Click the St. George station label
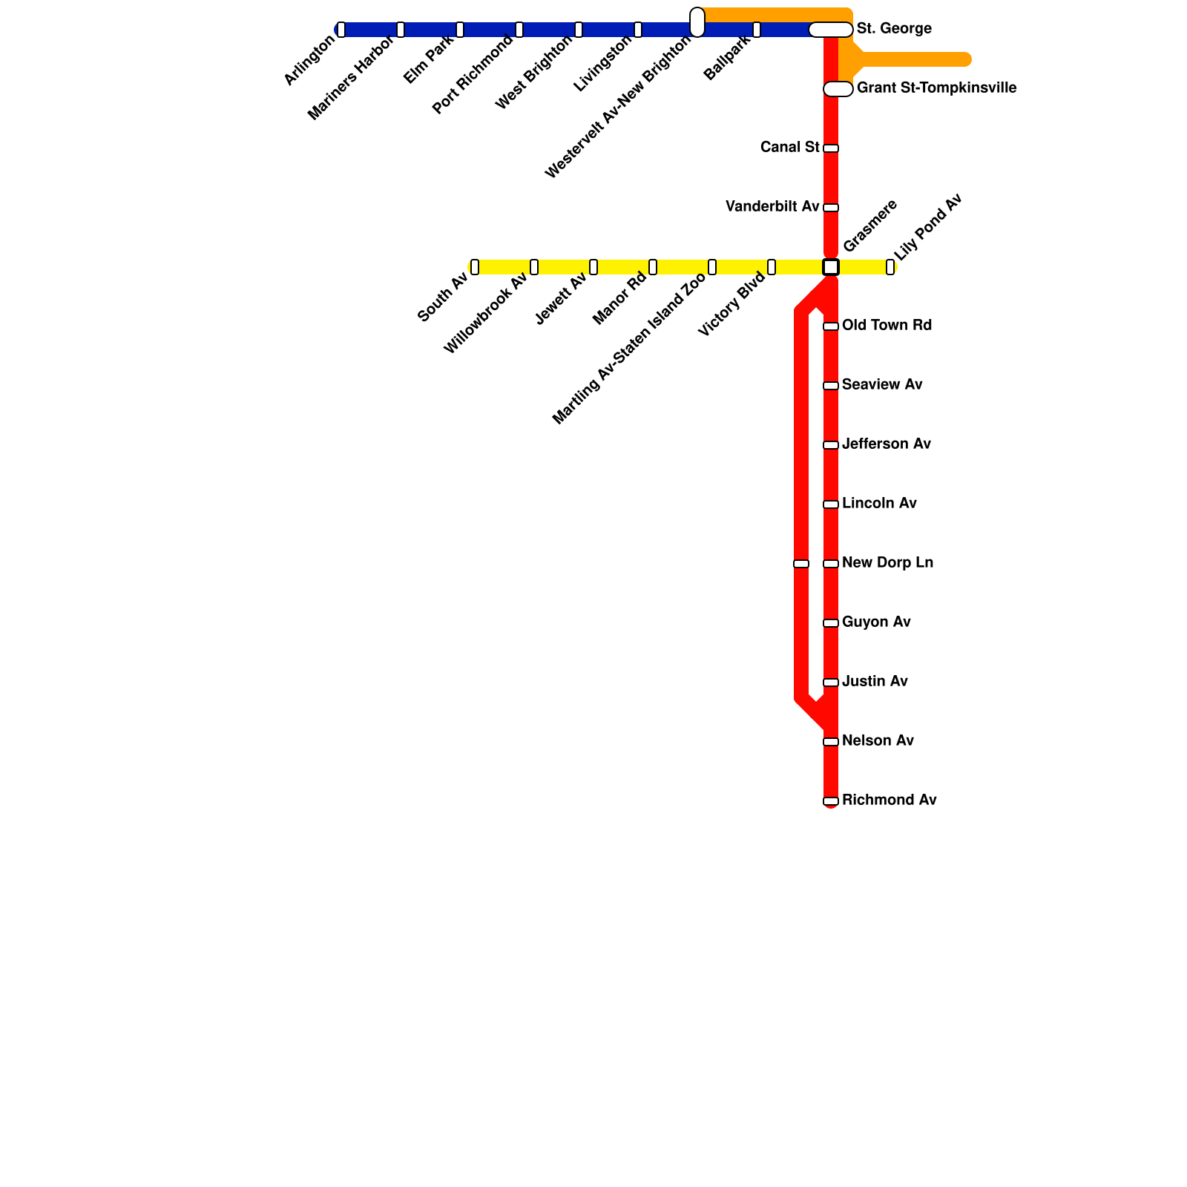[893, 29]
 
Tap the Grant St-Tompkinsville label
[936, 88]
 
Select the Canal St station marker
[831, 148]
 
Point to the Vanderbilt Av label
[772, 207]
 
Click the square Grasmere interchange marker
[831, 267]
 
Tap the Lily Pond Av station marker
[890, 267]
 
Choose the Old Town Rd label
[887, 326]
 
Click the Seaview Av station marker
[831, 386]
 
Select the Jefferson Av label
[886, 444]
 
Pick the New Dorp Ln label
[887, 563]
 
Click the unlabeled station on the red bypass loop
[801, 564]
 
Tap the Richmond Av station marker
[831, 801]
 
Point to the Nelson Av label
[878, 741]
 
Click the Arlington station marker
[341, 30]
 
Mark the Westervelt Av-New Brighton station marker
[697, 22]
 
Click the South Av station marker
[475, 267]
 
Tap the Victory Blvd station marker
[772, 267]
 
